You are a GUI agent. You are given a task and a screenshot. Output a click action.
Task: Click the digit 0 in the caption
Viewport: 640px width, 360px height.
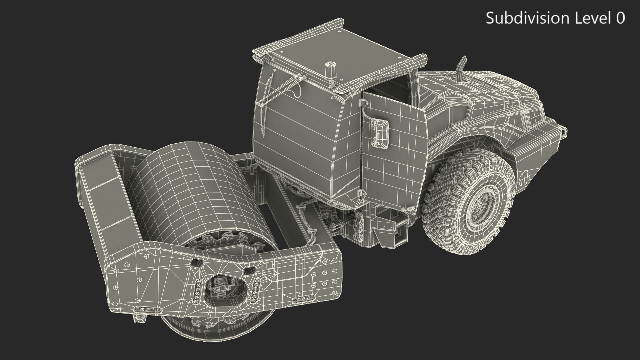pos(620,18)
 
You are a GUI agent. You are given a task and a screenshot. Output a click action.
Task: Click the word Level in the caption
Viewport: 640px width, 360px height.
pos(592,18)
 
